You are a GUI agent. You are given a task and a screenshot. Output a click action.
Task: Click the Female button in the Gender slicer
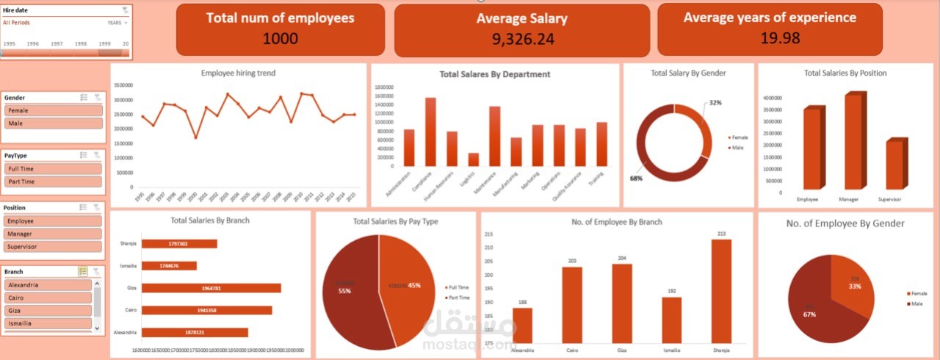(54, 110)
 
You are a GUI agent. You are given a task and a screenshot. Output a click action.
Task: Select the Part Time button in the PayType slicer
(54, 181)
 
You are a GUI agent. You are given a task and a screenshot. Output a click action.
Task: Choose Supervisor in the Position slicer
(54, 247)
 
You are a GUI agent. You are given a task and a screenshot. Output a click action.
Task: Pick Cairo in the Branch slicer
(48, 298)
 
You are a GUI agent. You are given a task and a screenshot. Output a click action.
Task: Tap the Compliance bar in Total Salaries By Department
(430, 132)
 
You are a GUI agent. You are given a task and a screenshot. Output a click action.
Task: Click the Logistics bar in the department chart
(474, 159)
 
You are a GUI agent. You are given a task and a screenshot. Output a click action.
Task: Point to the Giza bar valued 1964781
(211, 288)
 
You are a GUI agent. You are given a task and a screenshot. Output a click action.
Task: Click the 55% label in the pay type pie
(344, 291)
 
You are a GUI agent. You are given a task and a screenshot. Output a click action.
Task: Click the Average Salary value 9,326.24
(523, 39)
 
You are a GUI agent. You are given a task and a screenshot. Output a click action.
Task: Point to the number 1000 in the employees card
(280, 38)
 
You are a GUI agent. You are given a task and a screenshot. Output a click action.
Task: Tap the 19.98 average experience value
(780, 37)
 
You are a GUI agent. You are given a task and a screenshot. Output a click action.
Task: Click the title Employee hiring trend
(238, 73)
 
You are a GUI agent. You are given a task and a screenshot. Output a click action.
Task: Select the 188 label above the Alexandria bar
(522, 301)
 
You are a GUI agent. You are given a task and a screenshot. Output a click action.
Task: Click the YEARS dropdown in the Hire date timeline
(117, 23)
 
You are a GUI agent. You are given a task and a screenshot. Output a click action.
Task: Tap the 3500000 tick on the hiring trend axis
(123, 85)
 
